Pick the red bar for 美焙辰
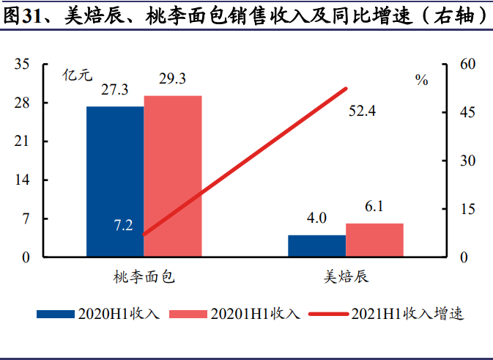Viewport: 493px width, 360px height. (374, 240)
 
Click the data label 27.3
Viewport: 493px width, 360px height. (115, 91)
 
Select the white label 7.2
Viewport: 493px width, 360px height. (123, 225)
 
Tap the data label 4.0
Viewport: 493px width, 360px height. (316, 218)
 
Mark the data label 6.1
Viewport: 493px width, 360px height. (374, 207)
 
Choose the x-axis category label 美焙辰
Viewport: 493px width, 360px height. (346, 277)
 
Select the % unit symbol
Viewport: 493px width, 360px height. (421, 81)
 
